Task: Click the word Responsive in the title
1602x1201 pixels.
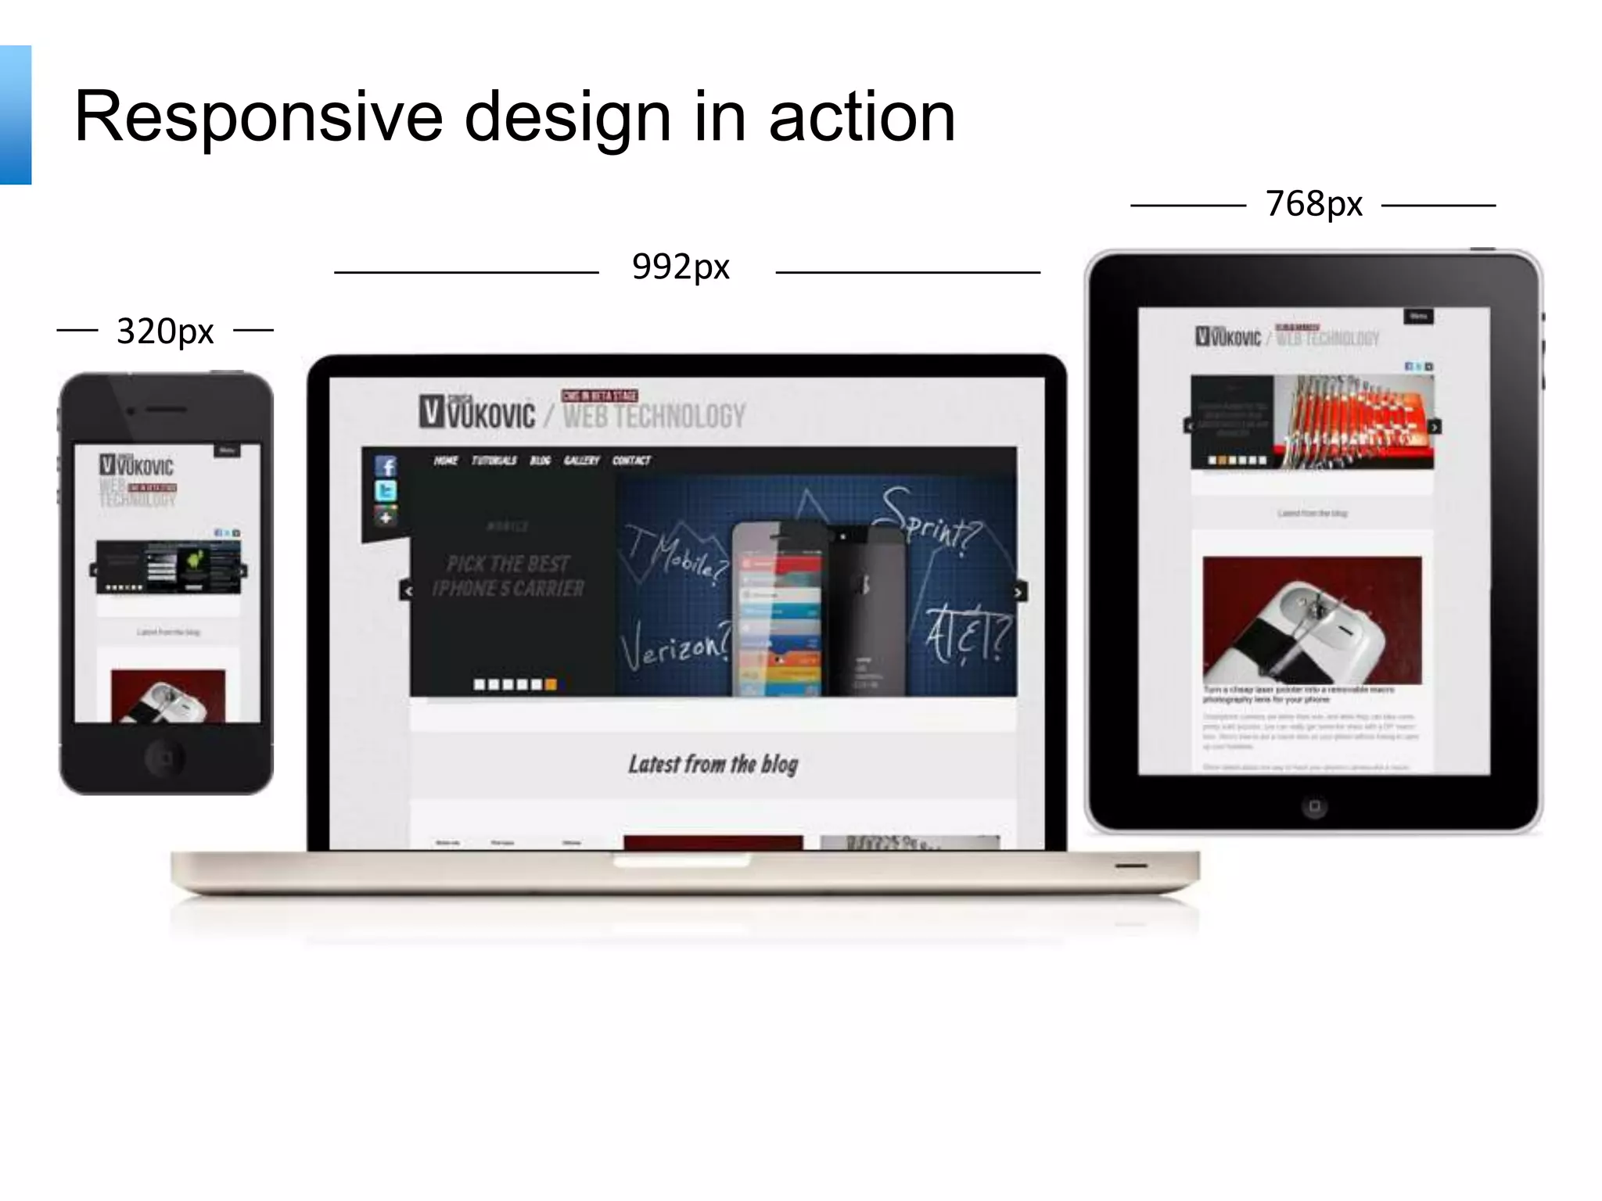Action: (x=258, y=117)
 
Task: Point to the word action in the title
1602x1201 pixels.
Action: (x=862, y=117)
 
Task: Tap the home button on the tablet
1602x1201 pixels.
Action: (x=1314, y=806)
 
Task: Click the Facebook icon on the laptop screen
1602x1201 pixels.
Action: (x=386, y=467)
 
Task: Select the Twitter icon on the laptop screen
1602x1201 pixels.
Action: (x=386, y=491)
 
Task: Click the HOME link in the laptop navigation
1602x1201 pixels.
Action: (x=446, y=461)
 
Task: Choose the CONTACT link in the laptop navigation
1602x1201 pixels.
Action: (x=631, y=461)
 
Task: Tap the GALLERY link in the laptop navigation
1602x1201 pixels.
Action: (x=581, y=461)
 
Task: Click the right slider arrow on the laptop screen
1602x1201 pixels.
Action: (x=1018, y=593)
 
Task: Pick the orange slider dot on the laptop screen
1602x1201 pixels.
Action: (x=551, y=685)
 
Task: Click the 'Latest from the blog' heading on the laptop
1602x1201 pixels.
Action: (x=713, y=764)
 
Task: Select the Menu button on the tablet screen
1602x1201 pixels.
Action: (x=1419, y=317)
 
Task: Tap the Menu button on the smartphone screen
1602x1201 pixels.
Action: (x=227, y=451)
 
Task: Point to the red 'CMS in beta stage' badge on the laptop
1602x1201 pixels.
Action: (x=599, y=396)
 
